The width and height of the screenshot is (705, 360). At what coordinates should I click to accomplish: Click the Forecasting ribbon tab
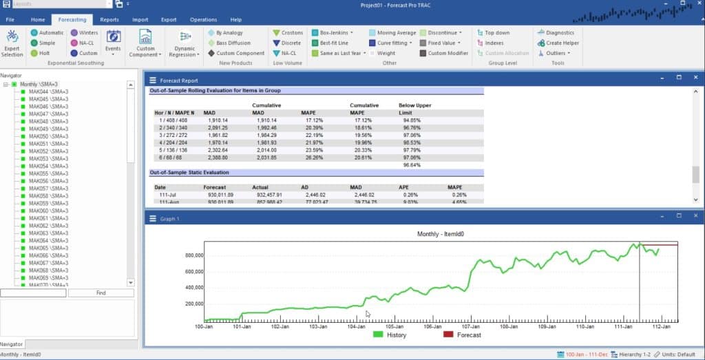coord(72,20)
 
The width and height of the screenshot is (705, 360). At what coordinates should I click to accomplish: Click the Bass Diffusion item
coord(233,43)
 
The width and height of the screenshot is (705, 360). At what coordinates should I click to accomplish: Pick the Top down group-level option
coord(496,32)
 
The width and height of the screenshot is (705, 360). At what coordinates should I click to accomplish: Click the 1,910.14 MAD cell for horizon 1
coord(218,120)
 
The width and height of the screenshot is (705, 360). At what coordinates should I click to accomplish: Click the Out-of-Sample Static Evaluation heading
coord(189,173)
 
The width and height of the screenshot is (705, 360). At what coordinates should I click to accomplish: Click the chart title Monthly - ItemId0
coord(441,234)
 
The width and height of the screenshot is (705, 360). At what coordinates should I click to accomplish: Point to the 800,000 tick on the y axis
coord(186,255)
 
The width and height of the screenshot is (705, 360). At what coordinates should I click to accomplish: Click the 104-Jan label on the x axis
coord(355,327)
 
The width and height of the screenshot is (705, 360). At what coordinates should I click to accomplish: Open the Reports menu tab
coord(109,20)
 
